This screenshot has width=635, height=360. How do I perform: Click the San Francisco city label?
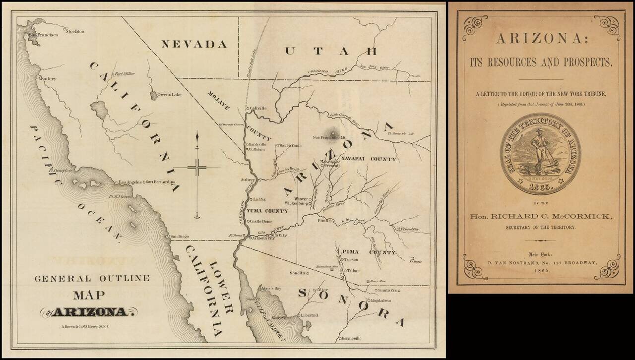(x=43, y=35)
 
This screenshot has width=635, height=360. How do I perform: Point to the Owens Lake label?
(x=170, y=94)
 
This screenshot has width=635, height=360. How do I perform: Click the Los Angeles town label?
(x=130, y=182)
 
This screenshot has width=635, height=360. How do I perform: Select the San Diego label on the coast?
(x=180, y=237)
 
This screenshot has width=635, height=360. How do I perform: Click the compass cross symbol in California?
(x=197, y=168)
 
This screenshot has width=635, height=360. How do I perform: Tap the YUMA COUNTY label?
(x=267, y=211)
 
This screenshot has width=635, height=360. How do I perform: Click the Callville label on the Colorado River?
(x=258, y=108)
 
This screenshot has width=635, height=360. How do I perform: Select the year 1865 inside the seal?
(x=540, y=188)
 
